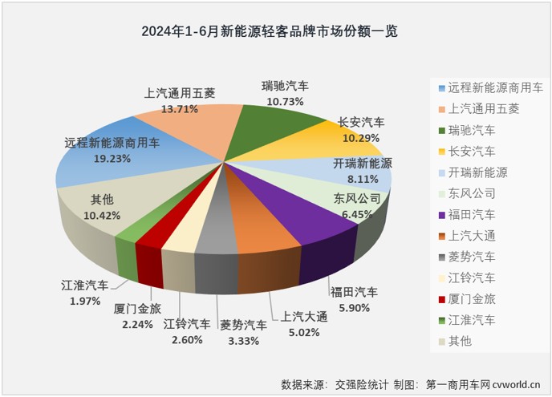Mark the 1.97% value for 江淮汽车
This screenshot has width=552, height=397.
tap(80, 301)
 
